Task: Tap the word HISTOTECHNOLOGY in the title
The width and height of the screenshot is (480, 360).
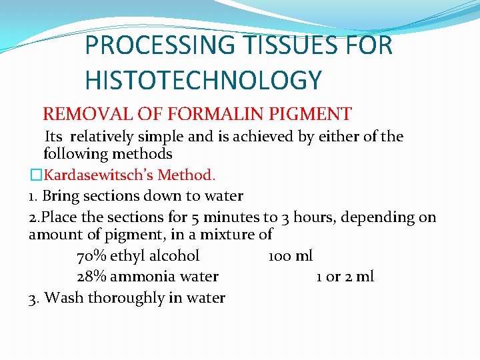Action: point(203,80)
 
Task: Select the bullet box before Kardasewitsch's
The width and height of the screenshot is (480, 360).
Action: point(35,175)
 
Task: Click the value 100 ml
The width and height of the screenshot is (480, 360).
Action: point(290,256)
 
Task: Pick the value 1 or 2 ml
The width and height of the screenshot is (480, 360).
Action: point(345,277)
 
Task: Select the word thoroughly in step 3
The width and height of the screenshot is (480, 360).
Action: point(121,298)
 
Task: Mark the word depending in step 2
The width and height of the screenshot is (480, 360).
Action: point(380,217)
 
